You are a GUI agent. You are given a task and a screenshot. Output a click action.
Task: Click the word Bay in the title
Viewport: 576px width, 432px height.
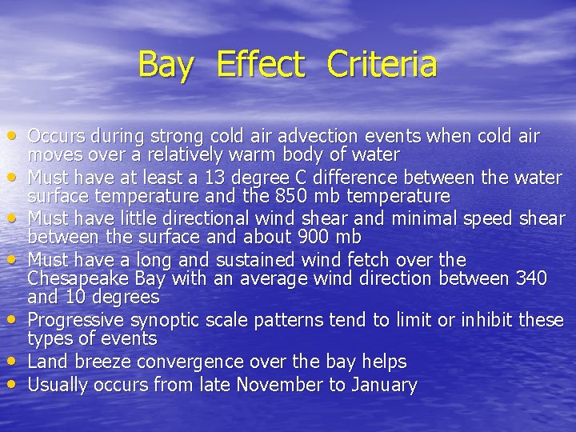click(x=166, y=65)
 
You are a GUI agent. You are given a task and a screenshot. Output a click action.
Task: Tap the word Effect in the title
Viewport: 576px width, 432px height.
click(x=261, y=65)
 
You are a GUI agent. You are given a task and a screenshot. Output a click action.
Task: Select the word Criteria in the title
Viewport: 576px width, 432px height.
click(x=382, y=65)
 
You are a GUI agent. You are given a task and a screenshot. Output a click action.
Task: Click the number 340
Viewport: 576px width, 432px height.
click(x=531, y=278)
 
